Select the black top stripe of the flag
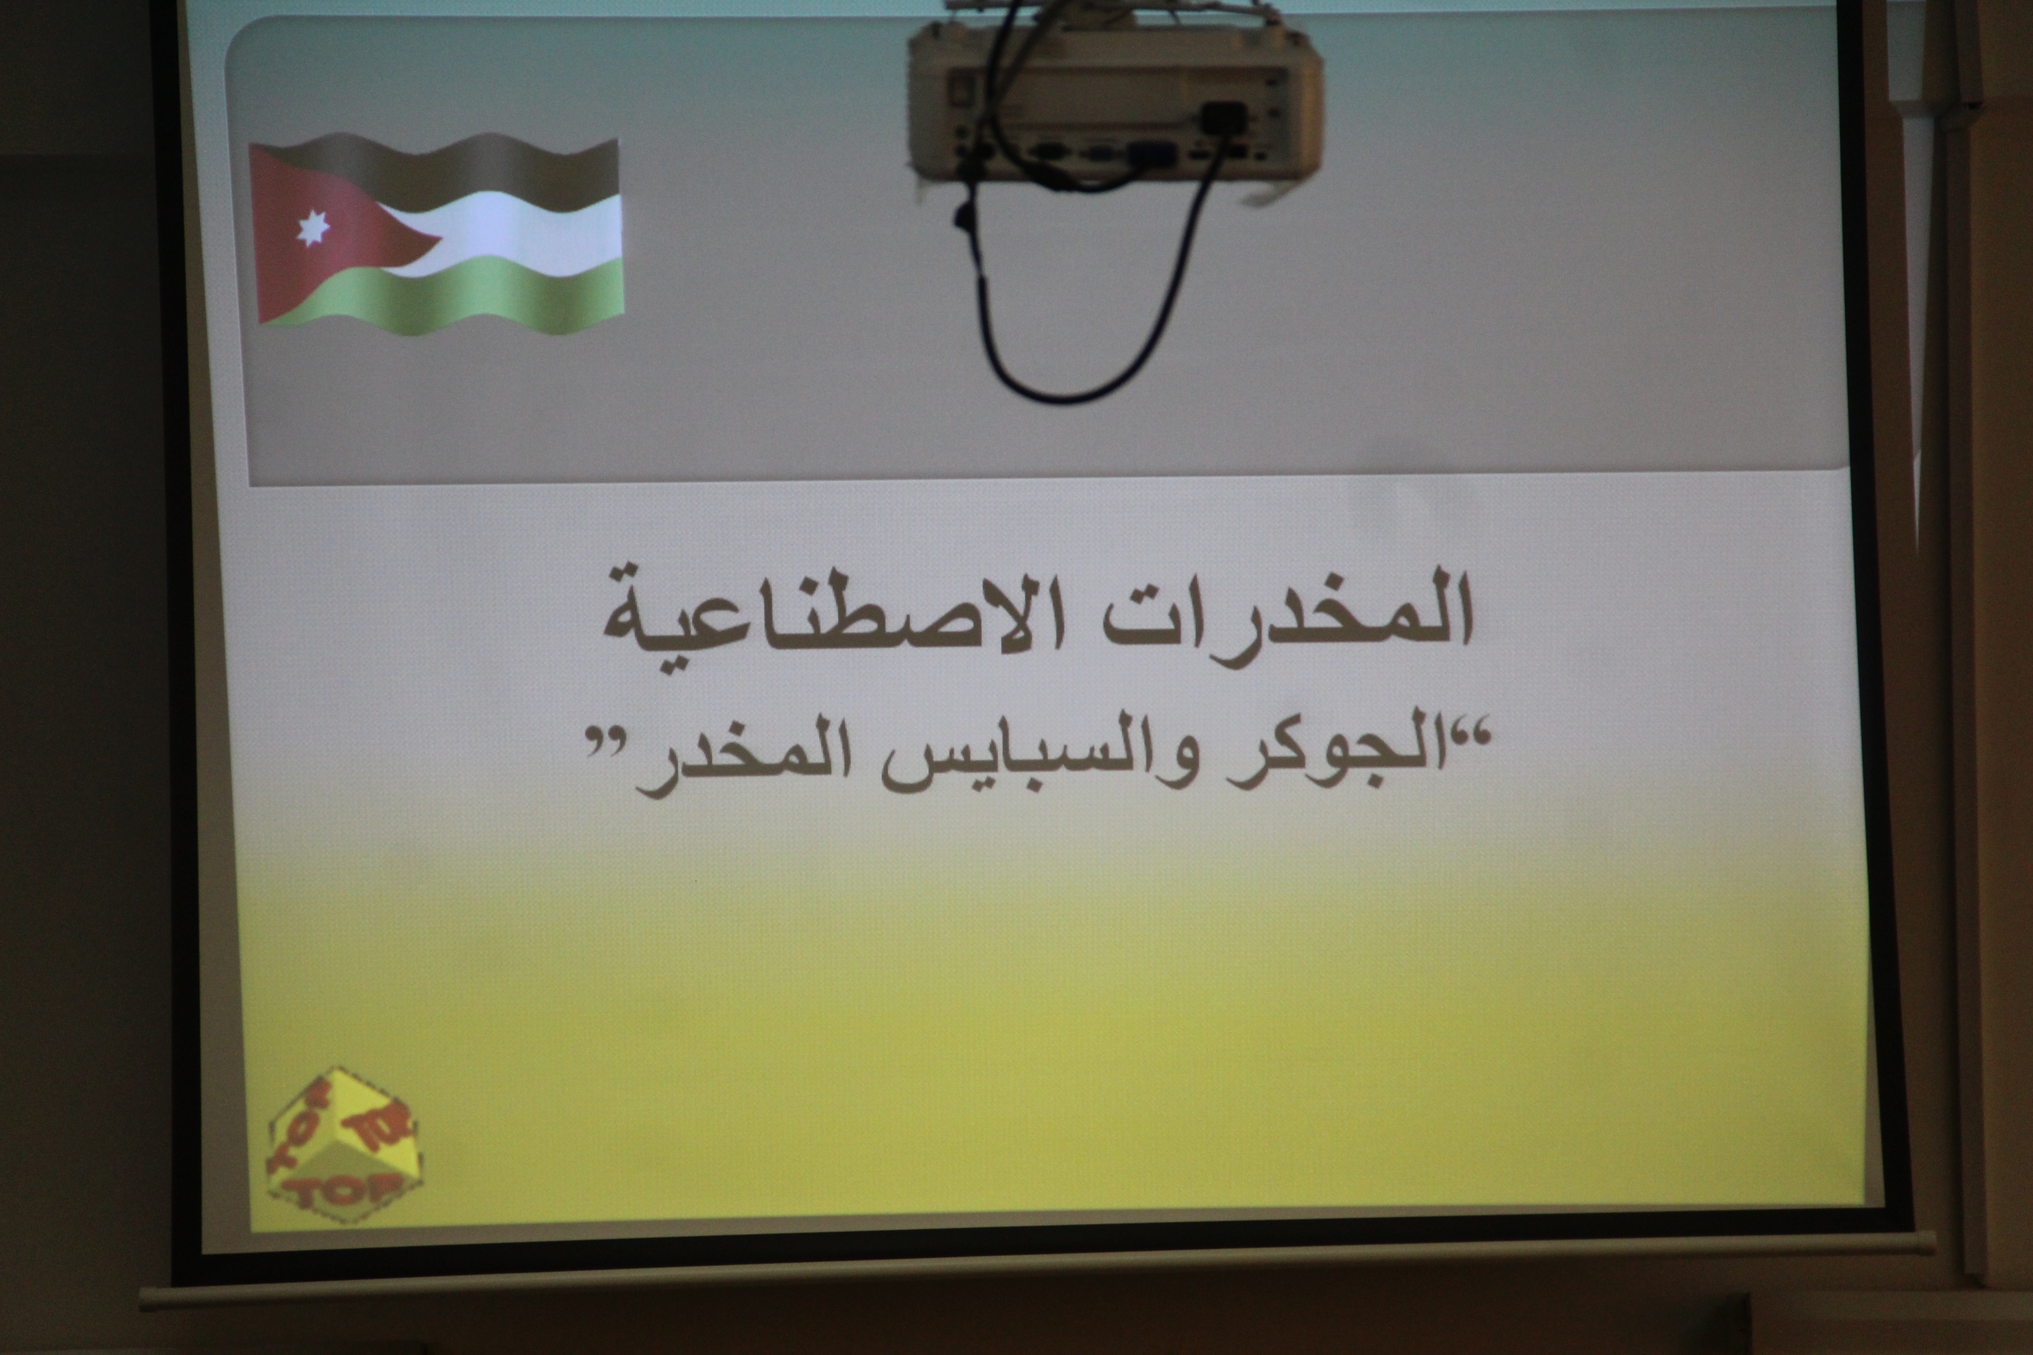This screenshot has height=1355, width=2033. point(449,173)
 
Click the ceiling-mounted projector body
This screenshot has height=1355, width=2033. point(1115,99)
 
